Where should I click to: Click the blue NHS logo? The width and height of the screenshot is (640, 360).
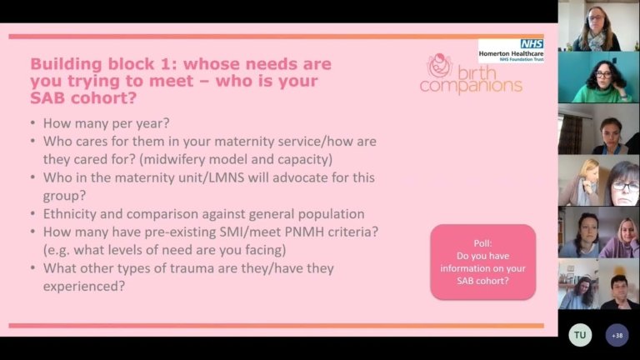532,44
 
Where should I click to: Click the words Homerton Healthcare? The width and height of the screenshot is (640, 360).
511,53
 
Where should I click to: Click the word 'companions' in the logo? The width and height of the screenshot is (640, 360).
471,86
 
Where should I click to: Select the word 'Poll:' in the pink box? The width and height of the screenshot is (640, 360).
482,243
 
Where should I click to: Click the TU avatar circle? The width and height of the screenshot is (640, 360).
580,335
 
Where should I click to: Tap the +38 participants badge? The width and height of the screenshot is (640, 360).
617,335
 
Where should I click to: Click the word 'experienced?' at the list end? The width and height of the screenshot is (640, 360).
84,287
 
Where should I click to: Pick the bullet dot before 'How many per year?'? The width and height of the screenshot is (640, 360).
32,123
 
